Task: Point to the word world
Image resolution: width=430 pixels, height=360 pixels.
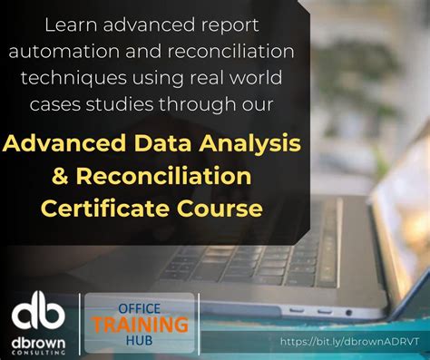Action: (x=260, y=79)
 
